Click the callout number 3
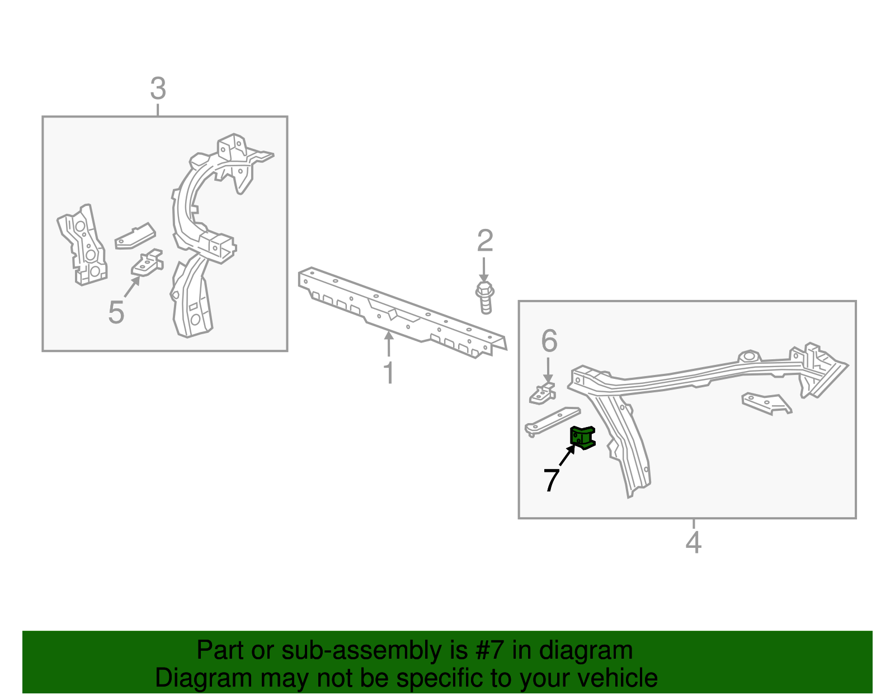[158, 88]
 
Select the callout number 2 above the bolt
[485, 241]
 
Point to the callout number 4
[693, 542]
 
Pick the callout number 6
[549, 341]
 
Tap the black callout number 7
[551, 480]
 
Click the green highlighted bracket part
[582, 438]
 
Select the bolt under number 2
[485, 298]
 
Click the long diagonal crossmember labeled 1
[402, 312]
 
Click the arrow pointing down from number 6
[548, 370]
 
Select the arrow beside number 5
[132, 287]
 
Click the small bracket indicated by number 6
[542, 393]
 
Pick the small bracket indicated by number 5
[147, 262]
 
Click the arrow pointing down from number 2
[483, 270]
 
